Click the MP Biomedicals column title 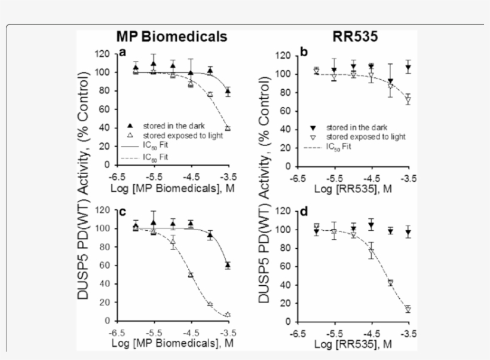[x=171, y=36]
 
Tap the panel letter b [x=304, y=53]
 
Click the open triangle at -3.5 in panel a [x=228, y=128]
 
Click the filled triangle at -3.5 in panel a [x=228, y=91]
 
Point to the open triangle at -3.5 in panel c [x=228, y=315]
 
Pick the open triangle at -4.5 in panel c [x=191, y=274]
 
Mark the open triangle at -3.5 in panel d [x=408, y=309]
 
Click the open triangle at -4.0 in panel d [x=390, y=282]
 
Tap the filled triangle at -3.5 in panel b [x=408, y=67]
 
